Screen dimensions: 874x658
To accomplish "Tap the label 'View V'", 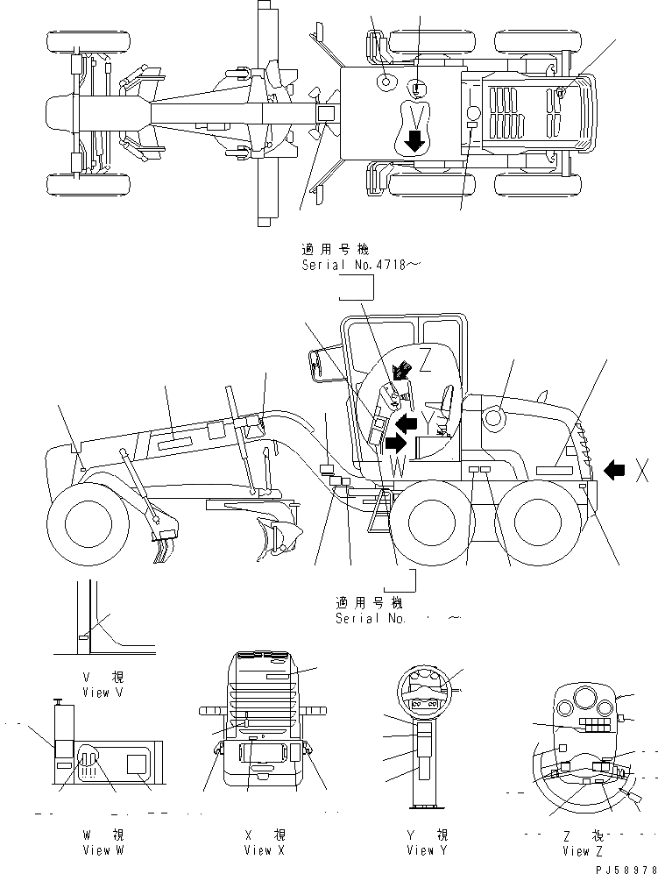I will [103, 693].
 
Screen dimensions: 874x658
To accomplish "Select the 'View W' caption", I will [103, 849].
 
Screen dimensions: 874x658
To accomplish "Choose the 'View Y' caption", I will [427, 849].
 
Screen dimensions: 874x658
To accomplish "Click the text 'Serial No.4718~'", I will [355, 264].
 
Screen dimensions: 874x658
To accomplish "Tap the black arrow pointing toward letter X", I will [614, 471].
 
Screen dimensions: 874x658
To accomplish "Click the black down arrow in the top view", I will [414, 139].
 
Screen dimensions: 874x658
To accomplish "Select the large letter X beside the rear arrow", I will [642, 471].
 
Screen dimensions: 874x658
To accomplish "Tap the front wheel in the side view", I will [87, 526].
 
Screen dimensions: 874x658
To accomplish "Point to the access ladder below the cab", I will [380, 508].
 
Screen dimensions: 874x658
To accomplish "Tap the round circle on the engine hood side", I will [492, 418].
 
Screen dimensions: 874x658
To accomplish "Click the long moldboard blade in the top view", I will [263, 114].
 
